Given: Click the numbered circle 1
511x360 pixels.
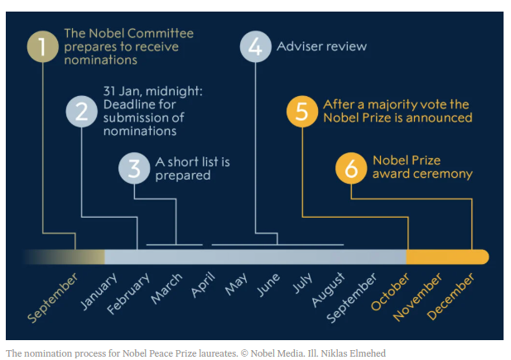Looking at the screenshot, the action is (43, 46).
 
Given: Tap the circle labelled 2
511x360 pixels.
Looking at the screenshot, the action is (81, 112).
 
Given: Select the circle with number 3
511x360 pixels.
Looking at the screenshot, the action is (134, 168).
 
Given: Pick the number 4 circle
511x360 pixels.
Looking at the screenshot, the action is (255, 46).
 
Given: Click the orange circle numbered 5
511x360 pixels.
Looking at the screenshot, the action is (302, 112).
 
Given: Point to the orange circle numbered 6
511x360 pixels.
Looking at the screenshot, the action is (351, 168).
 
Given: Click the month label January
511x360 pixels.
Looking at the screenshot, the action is (99, 290).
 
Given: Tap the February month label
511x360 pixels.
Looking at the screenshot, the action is (128, 293).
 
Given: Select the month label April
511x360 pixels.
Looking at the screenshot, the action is (203, 285).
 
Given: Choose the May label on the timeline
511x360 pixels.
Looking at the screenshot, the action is (236, 284).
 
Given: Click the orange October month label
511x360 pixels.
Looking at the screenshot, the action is (390, 291).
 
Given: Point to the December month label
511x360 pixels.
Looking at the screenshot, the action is (451, 296).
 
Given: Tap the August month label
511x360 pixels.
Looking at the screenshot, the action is (328, 290).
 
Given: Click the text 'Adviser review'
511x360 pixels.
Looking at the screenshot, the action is (321, 46).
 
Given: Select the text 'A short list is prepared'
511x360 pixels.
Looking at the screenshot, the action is (193, 169).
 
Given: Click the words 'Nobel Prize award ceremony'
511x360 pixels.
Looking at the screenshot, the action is (422, 167).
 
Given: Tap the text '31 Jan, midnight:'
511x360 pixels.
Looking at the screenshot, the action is (153, 91).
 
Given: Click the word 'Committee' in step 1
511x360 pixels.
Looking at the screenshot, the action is (161, 33).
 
